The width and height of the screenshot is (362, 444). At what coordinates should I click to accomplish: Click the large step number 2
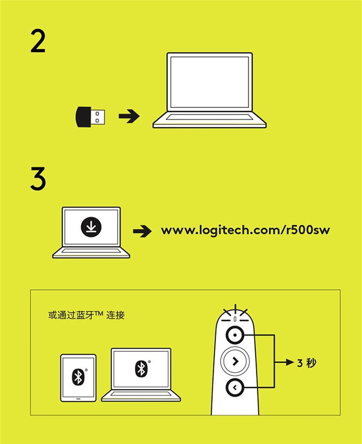click(38, 42)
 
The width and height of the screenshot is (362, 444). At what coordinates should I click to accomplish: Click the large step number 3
click(38, 179)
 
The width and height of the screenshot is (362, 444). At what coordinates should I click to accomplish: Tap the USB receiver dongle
click(90, 117)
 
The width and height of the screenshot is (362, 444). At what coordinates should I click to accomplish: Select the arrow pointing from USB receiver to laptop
click(129, 116)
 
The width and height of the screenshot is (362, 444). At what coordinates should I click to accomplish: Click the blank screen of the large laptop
click(209, 82)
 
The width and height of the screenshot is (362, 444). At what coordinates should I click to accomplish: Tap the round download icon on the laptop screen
click(91, 226)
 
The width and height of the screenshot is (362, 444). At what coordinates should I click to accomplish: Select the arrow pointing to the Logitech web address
click(142, 231)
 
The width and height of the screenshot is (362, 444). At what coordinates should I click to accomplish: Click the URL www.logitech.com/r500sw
click(245, 230)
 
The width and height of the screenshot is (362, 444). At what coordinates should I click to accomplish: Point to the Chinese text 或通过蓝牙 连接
click(86, 315)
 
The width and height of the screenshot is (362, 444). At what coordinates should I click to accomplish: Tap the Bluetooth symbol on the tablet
click(78, 376)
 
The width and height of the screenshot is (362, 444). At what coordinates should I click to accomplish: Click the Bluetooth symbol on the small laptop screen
click(141, 369)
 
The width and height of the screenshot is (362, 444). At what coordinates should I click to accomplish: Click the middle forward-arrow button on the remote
click(235, 361)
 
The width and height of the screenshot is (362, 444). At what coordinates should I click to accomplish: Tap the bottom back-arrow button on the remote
click(235, 388)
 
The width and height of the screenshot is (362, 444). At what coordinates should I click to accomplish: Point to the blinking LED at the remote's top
click(235, 319)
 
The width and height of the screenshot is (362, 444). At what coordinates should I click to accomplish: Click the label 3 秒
click(307, 363)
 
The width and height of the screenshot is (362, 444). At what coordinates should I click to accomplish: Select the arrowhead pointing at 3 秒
click(290, 362)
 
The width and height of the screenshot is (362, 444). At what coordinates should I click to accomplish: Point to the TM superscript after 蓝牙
click(98, 313)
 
